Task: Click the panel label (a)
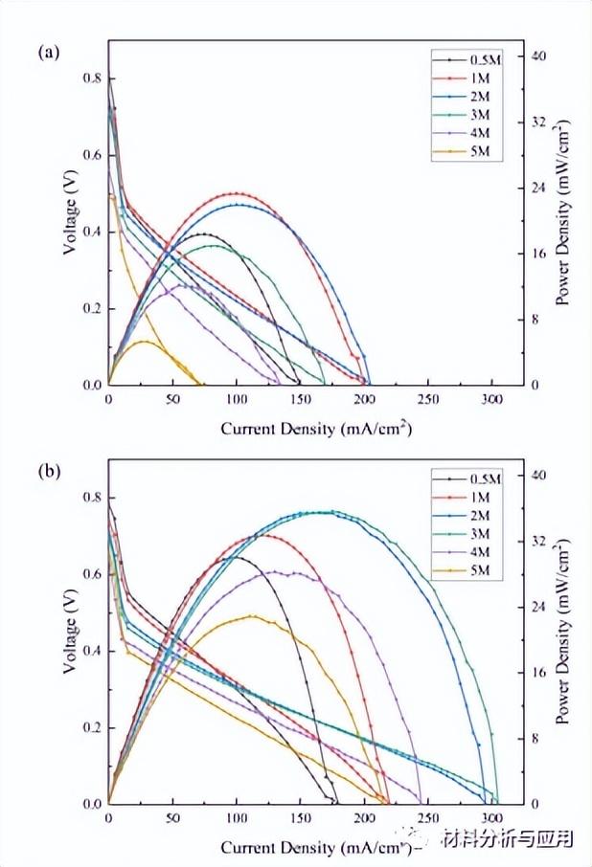(x=49, y=53)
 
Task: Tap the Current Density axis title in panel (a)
(x=317, y=429)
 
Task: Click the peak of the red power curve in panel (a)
(x=236, y=193)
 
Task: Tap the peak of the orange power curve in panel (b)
(x=251, y=615)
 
